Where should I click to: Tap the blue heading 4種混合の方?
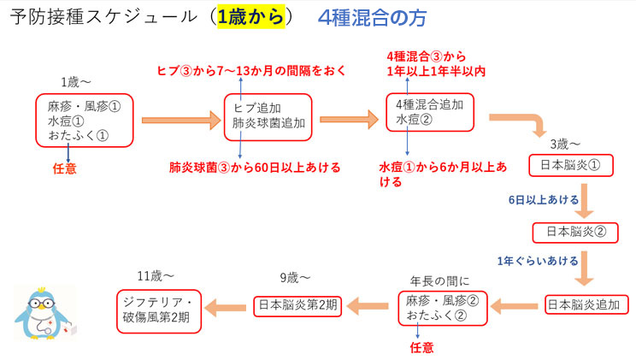tap(371, 19)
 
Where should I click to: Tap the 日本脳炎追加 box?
tap(586, 304)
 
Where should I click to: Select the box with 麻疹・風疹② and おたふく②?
tap(441, 308)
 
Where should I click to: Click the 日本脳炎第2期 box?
tap(297, 304)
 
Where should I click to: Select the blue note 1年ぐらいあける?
tap(537, 260)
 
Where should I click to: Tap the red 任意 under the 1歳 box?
tap(64, 168)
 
